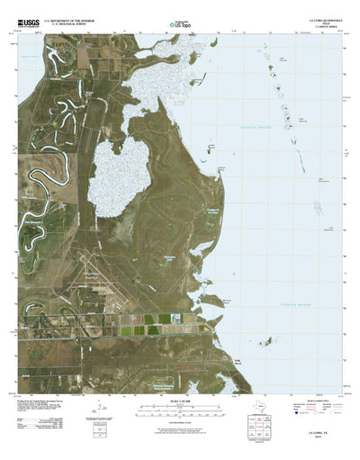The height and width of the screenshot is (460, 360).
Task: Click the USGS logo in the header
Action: [x=26, y=16]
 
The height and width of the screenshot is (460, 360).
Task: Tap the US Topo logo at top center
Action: [x=180, y=16]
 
